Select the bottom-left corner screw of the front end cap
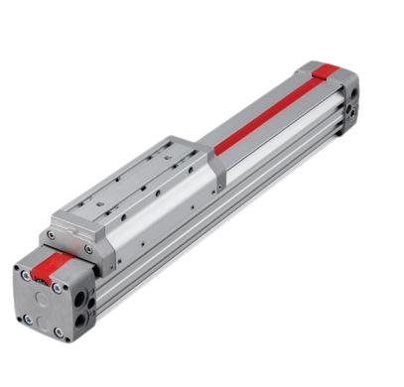28,319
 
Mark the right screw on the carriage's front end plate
86,249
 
